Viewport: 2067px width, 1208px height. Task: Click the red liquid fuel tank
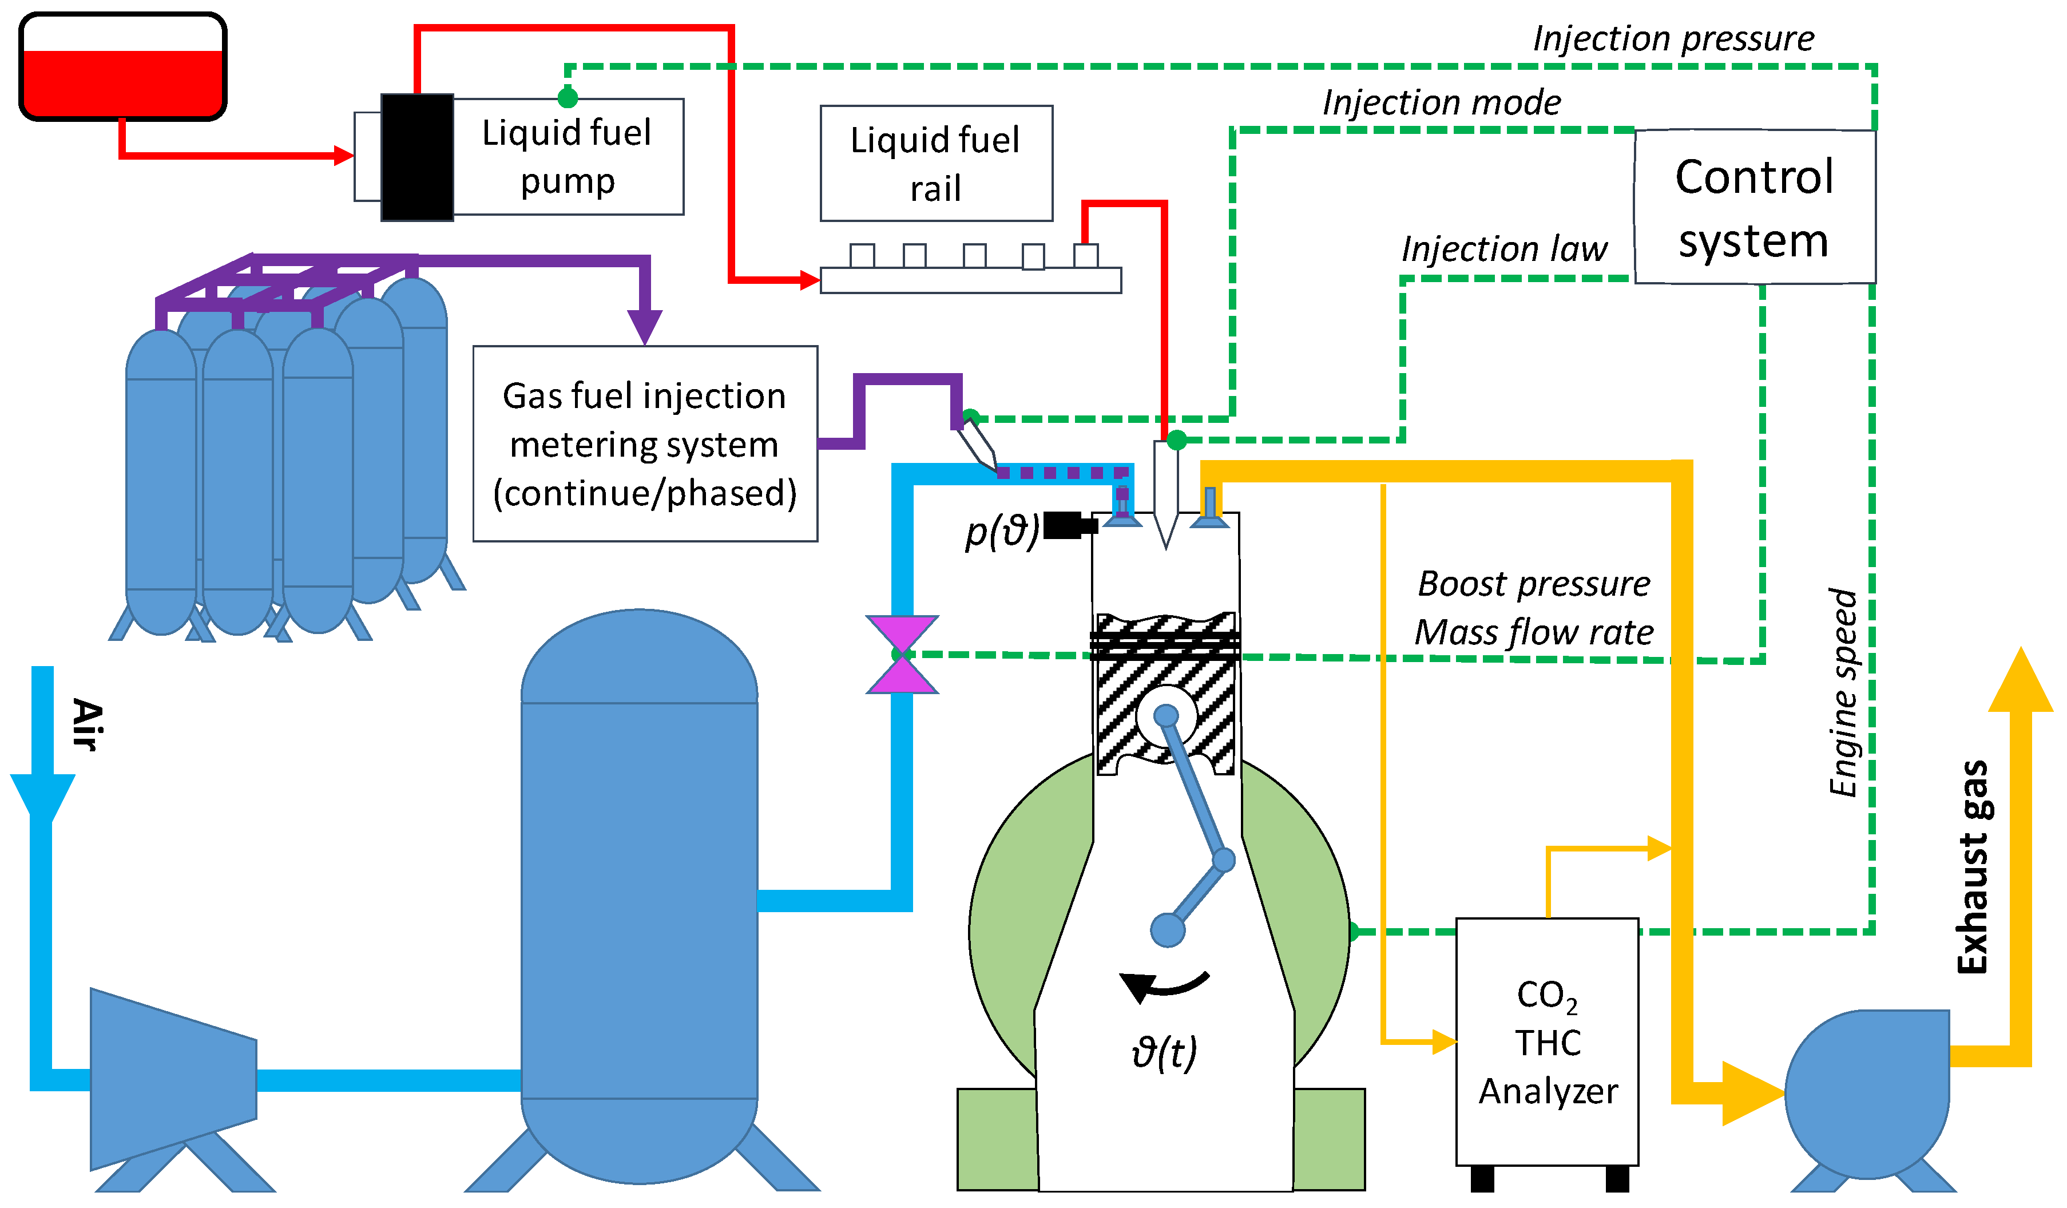[x=123, y=66]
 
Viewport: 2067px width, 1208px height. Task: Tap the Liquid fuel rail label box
[x=936, y=163]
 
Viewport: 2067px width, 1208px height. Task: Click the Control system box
[x=1755, y=207]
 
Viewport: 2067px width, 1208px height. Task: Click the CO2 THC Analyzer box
[x=1547, y=1041]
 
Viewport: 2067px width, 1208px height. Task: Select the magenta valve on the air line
[x=902, y=655]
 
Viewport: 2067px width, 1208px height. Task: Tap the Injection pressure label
[x=1673, y=38]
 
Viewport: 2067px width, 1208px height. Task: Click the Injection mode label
[x=1441, y=102]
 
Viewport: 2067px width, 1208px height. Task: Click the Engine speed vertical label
[x=1844, y=692]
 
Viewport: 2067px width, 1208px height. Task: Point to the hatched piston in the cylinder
[x=1165, y=694]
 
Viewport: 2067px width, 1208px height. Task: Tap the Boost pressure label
[x=1534, y=584]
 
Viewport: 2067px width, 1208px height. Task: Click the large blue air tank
[x=640, y=896]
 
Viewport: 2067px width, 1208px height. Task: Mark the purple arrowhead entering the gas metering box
[x=645, y=327]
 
